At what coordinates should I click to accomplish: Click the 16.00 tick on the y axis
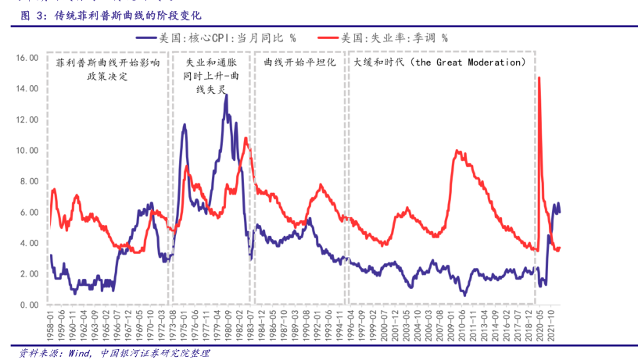27,58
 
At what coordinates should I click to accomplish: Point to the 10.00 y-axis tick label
27,150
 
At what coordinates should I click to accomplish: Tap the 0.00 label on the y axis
29,305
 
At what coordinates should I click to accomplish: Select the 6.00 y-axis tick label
29,212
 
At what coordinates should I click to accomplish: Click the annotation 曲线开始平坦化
299,62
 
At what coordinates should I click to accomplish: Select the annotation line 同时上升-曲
210,76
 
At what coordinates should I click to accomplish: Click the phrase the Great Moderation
468,62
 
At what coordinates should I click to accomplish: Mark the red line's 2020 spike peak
539,77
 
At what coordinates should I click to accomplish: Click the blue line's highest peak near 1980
226,95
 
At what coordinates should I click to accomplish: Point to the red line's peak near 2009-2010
457,151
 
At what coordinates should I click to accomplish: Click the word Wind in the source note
80,353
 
